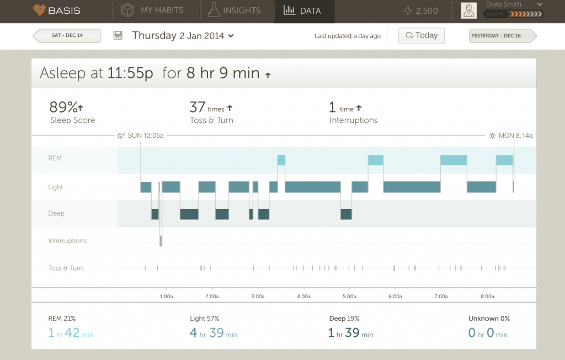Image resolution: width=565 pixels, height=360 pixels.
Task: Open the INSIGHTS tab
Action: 234,10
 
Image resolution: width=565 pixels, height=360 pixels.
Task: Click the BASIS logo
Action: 57,10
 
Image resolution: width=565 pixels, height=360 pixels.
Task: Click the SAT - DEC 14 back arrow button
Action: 67,36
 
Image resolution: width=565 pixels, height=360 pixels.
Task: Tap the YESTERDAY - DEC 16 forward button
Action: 503,36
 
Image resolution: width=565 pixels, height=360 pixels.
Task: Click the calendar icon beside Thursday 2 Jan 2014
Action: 118,36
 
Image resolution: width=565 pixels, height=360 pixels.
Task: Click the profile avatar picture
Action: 468,11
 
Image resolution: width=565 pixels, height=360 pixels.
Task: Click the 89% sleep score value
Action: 63,106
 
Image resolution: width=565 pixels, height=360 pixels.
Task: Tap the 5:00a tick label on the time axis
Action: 349,296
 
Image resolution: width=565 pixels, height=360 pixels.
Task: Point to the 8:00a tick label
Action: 487,296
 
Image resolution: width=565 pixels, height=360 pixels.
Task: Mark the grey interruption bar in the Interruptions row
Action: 161,240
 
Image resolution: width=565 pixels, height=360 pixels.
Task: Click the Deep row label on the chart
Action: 56,213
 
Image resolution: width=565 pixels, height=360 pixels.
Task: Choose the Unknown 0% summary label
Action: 489,319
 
